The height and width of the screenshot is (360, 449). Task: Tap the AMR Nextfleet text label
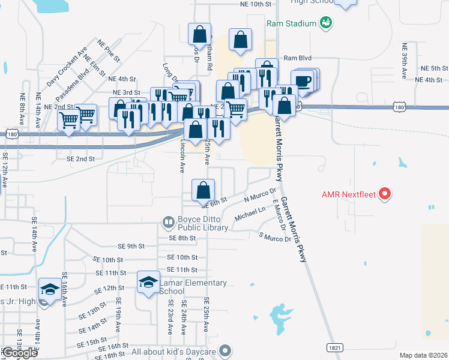point(349,194)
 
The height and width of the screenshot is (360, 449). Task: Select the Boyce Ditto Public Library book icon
point(169,222)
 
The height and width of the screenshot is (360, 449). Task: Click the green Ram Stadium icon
point(326,23)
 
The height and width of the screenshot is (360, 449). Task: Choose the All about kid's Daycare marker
point(225,350)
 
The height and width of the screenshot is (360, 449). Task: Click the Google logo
point(20,353)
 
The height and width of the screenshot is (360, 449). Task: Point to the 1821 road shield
point(336,347)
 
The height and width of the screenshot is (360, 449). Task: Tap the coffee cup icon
point(303,82)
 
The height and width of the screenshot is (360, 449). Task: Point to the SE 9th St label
point(132,246)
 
